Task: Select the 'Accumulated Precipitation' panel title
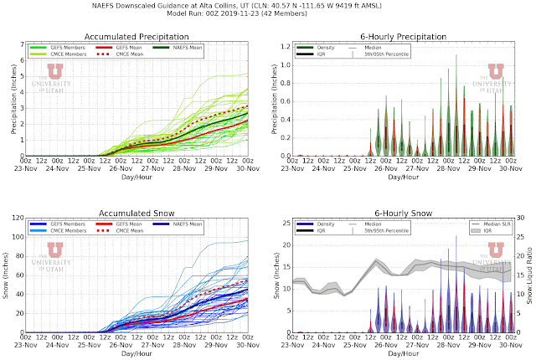(136, 37)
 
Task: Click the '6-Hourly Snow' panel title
(403, 213)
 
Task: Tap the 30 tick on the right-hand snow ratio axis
(518, 221)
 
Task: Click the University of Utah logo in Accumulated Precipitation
(54, 80)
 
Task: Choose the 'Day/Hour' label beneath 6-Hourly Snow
(403, 354)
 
